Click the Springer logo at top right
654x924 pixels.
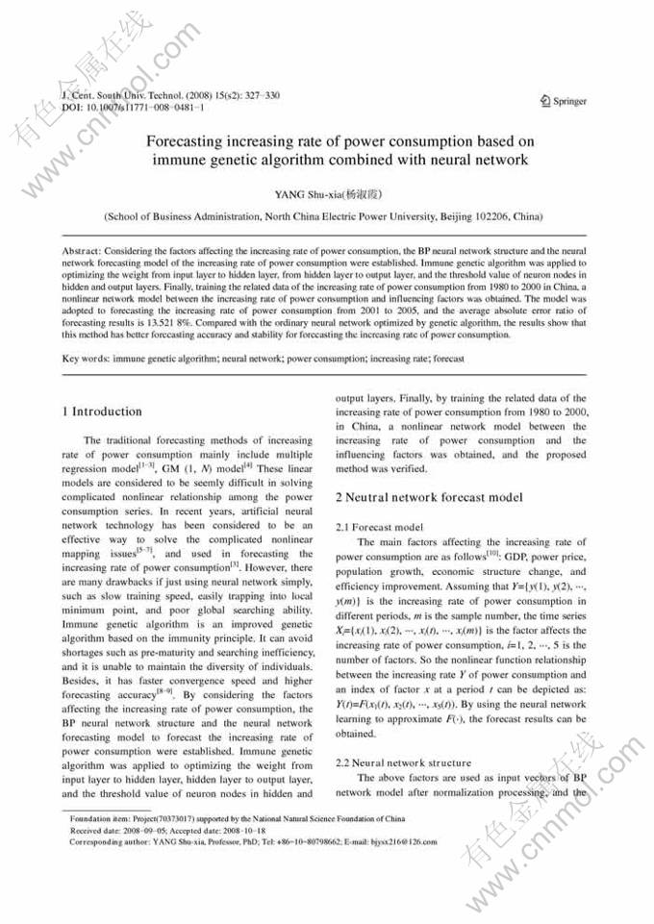(x=564, y=101)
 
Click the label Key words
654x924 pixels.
(x=85, y=359)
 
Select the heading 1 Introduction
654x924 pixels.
(x=102, y=412)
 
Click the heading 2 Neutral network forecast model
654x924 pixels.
(x=429, y=497)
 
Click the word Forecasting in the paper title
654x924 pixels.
(x=190, y=140)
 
